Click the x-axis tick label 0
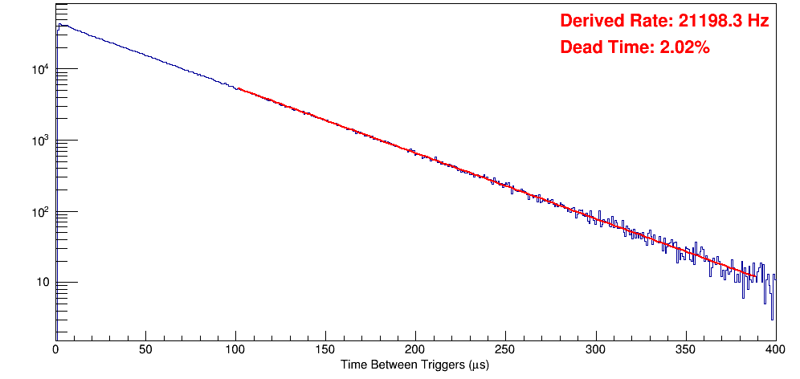[x=55, y=349]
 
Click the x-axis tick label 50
[x=145, y=349]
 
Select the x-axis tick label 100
[x=235, y=349]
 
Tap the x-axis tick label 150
[x=325, y=349]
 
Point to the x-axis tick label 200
[x=415, y=349]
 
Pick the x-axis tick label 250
[x=505, y=349]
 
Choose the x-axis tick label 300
[x=595, y=349]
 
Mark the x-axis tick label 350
[x=685, y=349]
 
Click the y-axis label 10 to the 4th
[x=40, y=69]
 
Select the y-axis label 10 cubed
[x=40, y=141]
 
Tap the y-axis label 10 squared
[x=40, y=211]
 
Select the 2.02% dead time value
[x=684, y=48]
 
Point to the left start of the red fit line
[x=239, y=88]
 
